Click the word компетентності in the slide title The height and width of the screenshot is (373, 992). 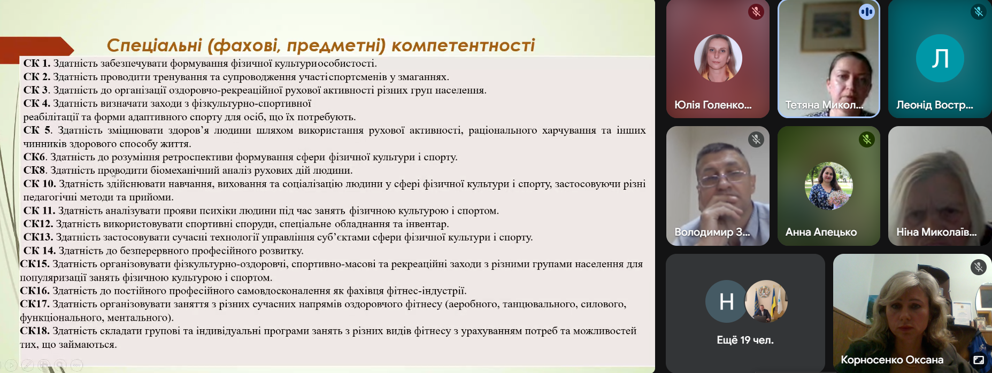pos(463,45)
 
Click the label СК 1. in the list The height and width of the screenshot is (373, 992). pos(37,64)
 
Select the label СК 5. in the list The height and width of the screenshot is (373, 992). pos(37,130)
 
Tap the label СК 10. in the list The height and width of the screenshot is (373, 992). pos(40,184)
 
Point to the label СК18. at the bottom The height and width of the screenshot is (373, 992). pos(35,331)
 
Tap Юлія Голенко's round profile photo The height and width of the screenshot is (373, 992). pos(718,58)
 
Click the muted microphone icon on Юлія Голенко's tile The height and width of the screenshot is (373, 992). pos(756,11)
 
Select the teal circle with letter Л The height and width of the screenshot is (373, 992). pos(940,58)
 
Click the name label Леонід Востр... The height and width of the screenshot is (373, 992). pos(935,105)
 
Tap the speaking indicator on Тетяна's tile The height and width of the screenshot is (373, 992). pos(866,11)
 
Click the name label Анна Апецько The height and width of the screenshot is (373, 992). pos(821,232)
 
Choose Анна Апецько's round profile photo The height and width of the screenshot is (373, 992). pos(828,186)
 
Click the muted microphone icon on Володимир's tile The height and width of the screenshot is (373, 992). pos(756,139)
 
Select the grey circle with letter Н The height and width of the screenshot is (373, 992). pos(726,302)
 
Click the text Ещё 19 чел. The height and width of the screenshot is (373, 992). pos(745,340)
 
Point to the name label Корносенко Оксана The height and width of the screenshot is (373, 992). pos(892,360)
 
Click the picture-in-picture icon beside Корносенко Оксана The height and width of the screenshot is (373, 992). pos(978,360)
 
